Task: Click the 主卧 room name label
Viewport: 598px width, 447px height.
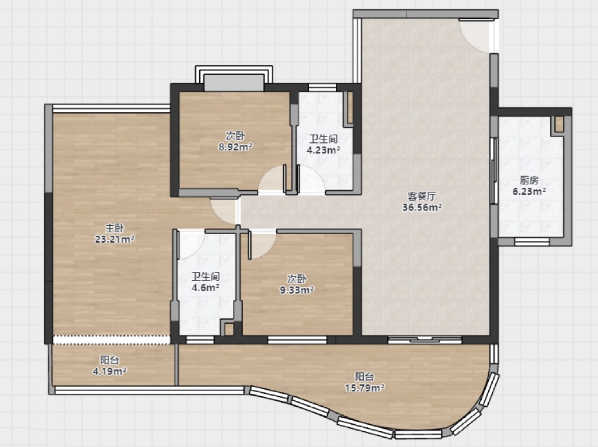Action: pos(114,228)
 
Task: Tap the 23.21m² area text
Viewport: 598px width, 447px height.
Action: pos(114,239)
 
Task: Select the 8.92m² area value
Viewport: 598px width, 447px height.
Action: pos(235,146)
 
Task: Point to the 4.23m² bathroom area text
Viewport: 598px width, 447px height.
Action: pos(324,150)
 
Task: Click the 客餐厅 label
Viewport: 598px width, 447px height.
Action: pos(422,196)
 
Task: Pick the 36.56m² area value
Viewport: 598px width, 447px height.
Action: pos(422,207)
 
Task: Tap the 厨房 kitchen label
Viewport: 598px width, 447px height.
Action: pos(529,180)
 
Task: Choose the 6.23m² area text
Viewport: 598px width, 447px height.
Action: pos(529,191)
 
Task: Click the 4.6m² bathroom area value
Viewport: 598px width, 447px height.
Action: pos(205,288)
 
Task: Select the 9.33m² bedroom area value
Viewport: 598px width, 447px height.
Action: pos(297,291)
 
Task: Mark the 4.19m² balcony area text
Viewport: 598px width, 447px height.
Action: pos(109,371)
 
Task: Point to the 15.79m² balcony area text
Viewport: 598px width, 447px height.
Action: pos(364,388)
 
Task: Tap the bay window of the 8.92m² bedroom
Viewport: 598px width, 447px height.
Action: pos(234,79)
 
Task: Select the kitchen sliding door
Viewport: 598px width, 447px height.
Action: pos(494,171)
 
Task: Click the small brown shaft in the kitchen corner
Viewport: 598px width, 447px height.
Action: pos(559,124)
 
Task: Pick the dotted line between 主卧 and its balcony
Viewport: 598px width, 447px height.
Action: pos(112,340)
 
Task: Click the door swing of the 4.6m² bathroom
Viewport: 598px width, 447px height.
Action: pos(191,245)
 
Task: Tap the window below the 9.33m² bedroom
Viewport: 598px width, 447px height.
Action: pos(297,340)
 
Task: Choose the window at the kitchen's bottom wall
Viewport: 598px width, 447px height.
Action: pos(532,242)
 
